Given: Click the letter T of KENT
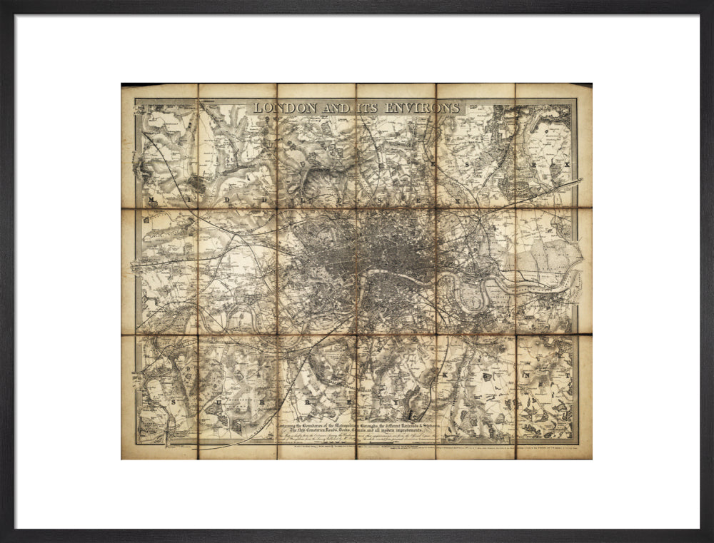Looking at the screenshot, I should [568, 373].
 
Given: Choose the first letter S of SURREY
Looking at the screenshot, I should [174, 402].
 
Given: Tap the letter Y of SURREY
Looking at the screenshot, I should [412, 412].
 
